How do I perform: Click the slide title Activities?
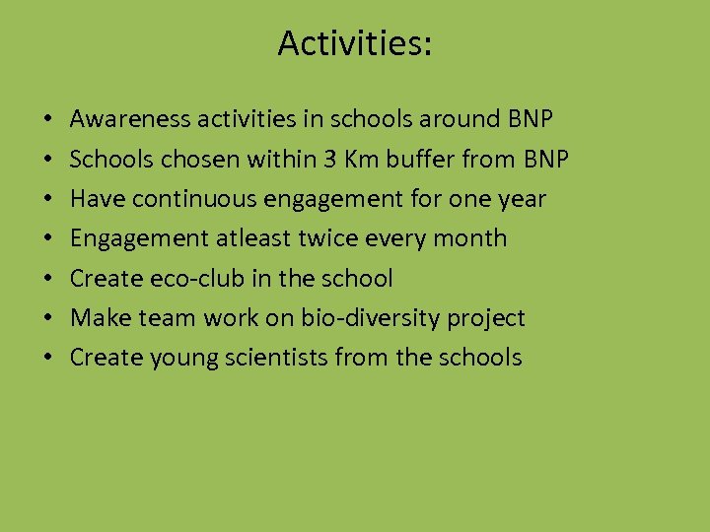point(354,43)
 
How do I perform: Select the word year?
point(522,199)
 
